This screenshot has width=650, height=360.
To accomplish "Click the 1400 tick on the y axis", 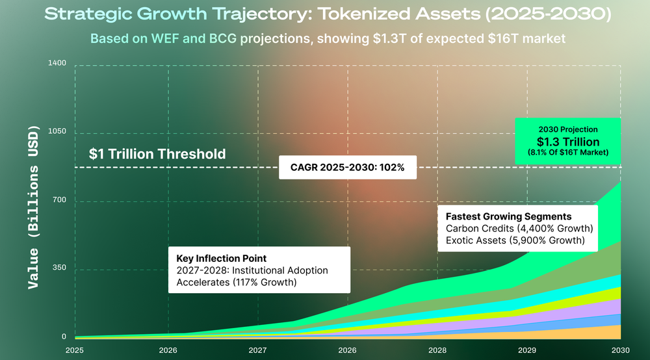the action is point(57,63).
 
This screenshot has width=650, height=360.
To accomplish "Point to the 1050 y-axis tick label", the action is point(57,131).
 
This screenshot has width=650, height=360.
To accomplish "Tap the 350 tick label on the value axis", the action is point(59,268).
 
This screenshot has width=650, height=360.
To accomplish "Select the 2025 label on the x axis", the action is point(75,350).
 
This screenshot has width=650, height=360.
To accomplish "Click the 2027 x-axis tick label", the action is point(257,350).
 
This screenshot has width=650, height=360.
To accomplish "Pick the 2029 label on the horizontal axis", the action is point(527,350).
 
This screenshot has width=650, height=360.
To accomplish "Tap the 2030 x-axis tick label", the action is point(621,350).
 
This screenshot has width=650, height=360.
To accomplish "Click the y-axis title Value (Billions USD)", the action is point(33,207).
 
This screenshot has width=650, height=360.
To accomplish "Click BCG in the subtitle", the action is point(222,38).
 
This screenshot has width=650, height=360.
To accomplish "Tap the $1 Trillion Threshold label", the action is point(157,154).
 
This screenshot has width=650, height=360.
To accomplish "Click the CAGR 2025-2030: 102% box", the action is point(347,168).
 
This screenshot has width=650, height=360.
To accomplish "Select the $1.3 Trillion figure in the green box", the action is point(568,142).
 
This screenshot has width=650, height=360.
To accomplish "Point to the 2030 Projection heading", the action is point(568,130).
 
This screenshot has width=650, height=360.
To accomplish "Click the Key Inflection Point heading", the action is point(222,259).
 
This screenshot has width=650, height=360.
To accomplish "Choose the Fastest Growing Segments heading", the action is point(509,216).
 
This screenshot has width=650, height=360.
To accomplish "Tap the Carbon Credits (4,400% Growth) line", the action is point(519,229).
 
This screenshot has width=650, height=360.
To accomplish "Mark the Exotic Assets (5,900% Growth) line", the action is point(515,240).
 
